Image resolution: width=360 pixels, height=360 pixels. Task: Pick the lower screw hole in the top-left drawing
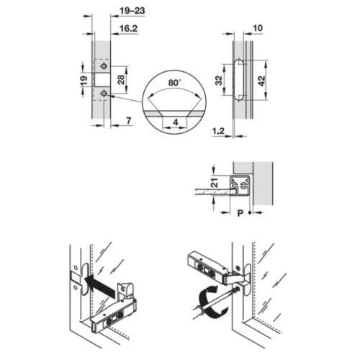point(103,94)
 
